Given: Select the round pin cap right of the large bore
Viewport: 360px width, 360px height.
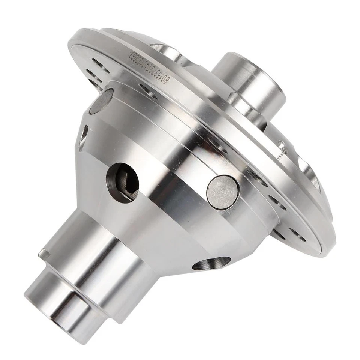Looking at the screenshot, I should (x=223, y=192).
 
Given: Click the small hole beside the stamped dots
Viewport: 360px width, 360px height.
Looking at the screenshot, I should (x=282, y=144).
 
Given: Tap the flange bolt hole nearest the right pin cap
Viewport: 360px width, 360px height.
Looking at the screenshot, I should (x=259, y=176).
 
